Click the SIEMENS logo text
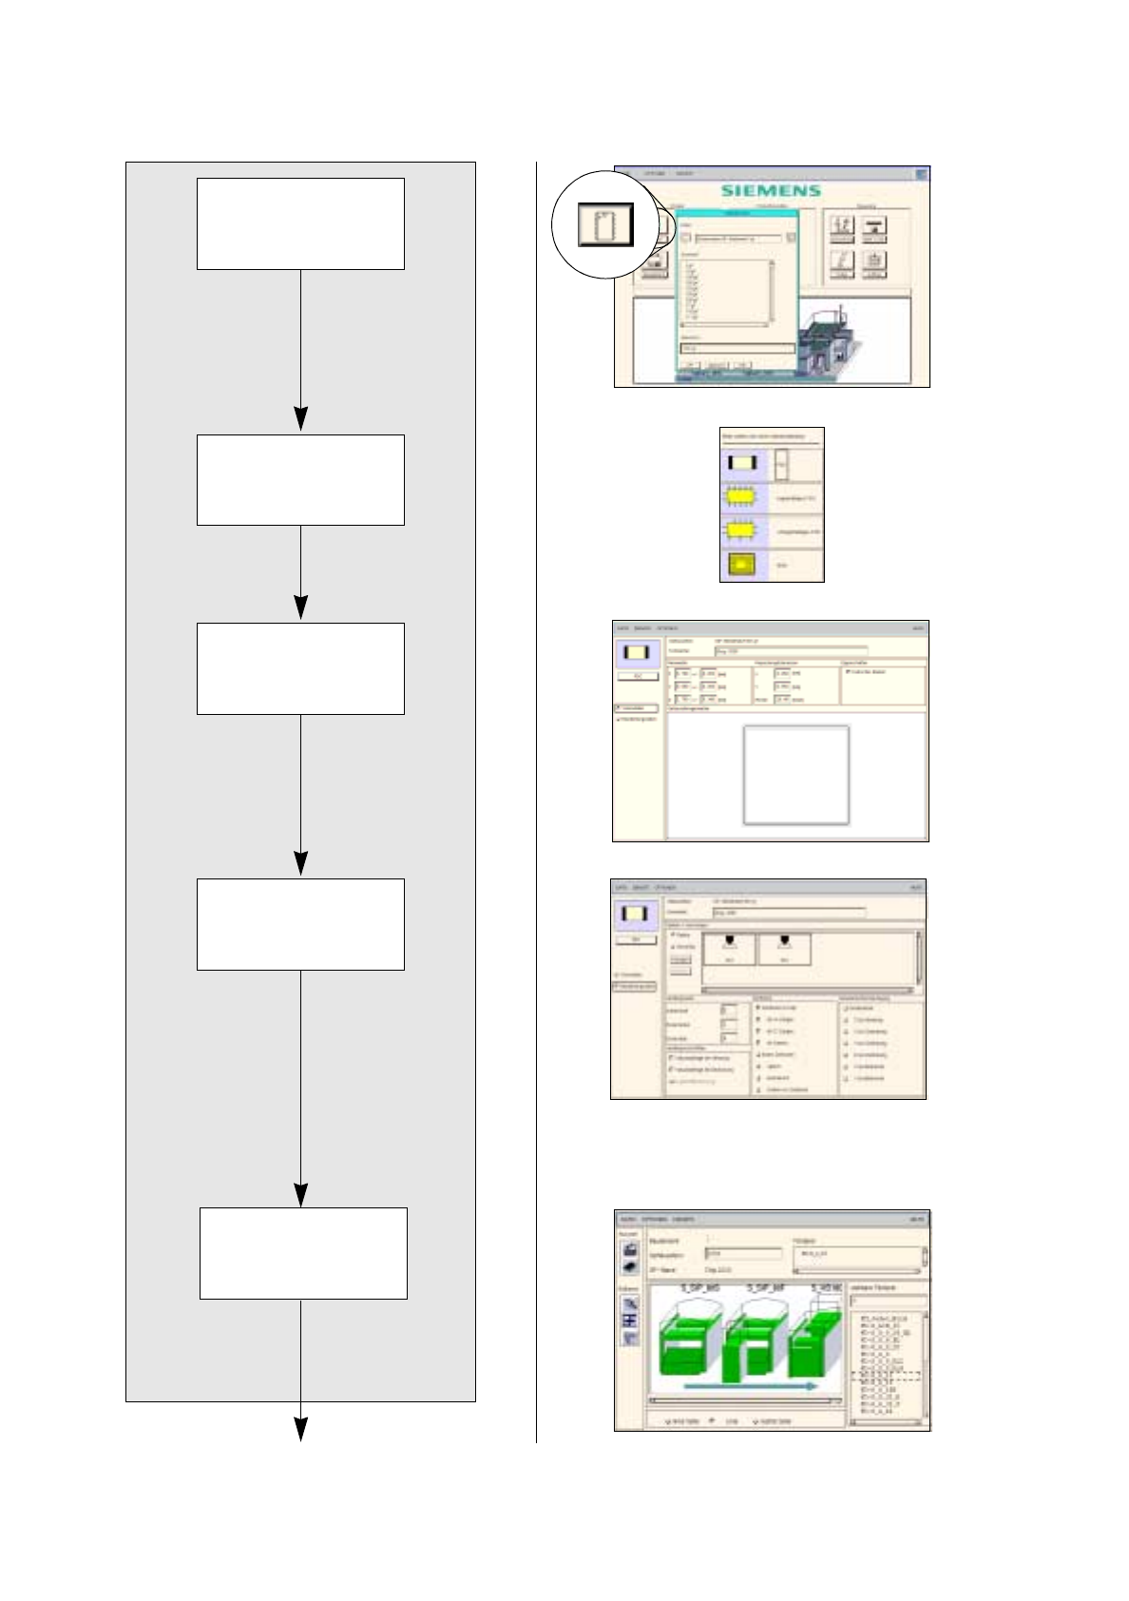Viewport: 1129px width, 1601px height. (770, 190)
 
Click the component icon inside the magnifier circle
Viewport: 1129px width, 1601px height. (605, 224)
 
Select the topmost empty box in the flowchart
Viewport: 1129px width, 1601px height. (300, 223)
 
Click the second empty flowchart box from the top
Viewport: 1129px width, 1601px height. (300, 480)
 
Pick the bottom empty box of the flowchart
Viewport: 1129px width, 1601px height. (303, 1253)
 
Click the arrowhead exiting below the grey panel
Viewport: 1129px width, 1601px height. (300, 1428)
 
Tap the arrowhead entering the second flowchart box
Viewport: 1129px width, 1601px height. (300, 419)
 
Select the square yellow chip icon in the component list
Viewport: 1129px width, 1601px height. (741, 565)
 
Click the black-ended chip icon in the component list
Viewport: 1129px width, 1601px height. (741, 464)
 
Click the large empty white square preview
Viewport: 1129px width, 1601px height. (795, 775)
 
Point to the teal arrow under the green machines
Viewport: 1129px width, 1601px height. (750, 1386)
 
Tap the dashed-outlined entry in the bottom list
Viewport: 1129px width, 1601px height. (888, 1375)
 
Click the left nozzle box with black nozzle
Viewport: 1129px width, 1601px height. (729, 949)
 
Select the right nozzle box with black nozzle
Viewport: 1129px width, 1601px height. (784, 949)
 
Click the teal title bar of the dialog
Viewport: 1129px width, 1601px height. (737, 214)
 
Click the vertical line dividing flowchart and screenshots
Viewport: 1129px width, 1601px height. (536, 799)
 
